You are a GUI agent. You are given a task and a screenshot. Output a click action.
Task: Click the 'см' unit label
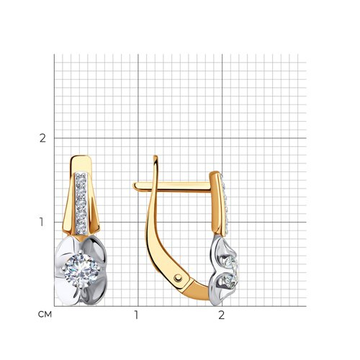point(45,315)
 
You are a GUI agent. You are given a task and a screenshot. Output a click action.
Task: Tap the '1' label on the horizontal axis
point(137,315)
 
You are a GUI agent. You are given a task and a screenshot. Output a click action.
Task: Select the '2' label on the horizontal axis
point(221,315)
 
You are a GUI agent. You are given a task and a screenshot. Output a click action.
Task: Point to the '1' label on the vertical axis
point(42,222)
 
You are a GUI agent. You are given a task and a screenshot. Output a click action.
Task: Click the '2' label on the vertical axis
point(42,138)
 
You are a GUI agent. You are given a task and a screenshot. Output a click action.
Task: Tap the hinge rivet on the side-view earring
point(178,278)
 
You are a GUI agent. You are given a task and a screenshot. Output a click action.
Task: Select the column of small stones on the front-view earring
point(81,204)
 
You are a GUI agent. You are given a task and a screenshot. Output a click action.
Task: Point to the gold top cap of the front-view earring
point(81,163)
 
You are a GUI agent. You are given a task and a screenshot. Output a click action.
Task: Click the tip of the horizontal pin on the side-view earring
point(134,186)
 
